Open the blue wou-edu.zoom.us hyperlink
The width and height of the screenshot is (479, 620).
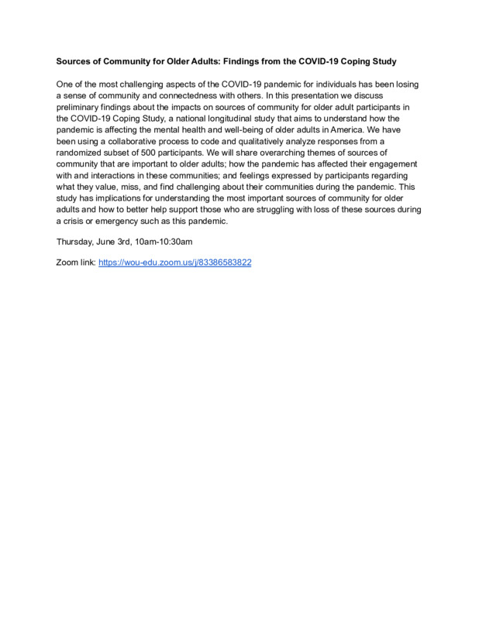pos(174,263)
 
